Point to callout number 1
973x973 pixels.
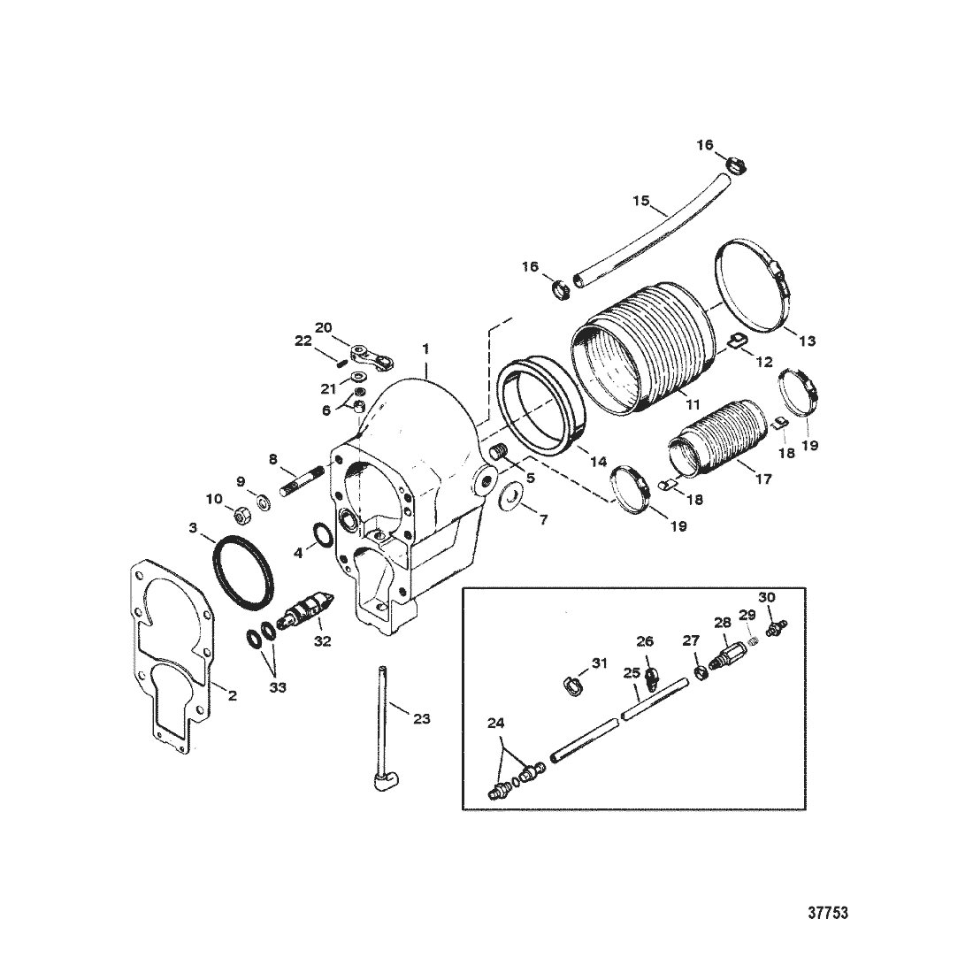coord(425,349)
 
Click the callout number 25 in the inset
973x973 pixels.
coord(632,673)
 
